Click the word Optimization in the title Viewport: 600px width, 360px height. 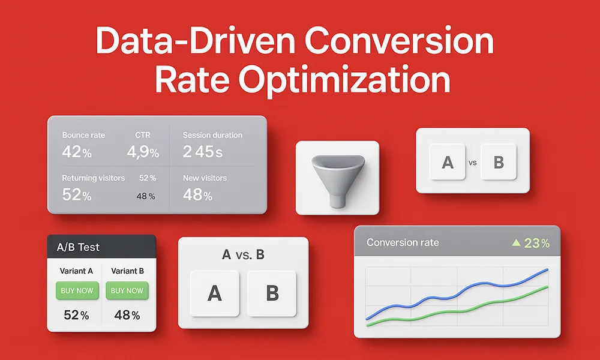(344, 81)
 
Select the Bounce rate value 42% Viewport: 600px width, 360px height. (77, 152)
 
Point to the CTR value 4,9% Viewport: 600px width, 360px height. (143, 152)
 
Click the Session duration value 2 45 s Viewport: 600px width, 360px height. (202, 152)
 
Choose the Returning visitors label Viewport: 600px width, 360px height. (94, 178)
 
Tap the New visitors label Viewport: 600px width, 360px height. (205, 178)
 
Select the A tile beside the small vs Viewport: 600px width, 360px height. (448, 162)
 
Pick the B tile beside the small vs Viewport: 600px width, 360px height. (499, 162)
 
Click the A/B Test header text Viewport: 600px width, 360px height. (78, 247)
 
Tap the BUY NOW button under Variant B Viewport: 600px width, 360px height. (127, 290)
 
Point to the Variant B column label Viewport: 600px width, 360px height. (127, 271)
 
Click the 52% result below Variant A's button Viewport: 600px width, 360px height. (76, 315)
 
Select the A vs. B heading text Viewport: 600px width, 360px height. (244, 254)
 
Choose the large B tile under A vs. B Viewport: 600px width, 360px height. (272, 293)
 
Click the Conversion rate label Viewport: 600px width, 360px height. (403, 242)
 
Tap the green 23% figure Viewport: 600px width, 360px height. (537, 243)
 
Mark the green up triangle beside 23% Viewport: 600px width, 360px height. (516, 242)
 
